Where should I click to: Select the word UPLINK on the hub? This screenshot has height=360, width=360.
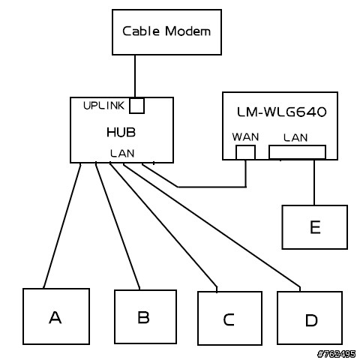(103, 106)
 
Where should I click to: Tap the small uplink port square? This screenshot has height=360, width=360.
(136, 106)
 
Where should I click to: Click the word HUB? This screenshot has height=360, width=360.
(121, 132)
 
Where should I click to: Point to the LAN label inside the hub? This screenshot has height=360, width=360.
(122, 153)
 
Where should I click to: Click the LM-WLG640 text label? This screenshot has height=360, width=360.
(281, 112)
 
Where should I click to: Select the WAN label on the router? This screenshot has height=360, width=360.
(245, 137)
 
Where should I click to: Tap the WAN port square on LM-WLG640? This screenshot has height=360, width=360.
(245, 152)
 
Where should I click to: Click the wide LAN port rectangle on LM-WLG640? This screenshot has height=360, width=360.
(297, 151)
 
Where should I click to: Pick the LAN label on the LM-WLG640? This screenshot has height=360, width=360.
(295, 138)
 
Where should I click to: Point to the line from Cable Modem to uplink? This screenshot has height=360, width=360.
(135, 76)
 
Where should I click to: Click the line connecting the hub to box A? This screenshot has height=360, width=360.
(62, 226)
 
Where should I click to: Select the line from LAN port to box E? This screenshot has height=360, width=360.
(314, 182)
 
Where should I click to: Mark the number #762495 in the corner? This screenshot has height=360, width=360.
(336, 354)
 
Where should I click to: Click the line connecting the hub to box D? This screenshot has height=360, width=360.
(211, 226)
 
